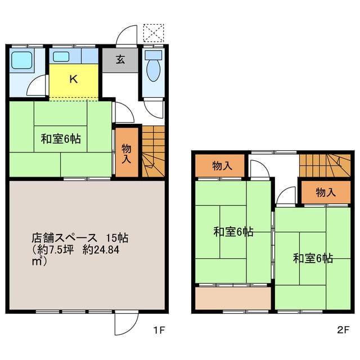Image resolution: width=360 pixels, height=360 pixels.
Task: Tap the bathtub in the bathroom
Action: tap(22, 60)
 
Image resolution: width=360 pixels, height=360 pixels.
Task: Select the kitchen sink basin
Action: tap(61, 56)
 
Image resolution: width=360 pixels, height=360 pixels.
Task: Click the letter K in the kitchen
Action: tap(74, 79)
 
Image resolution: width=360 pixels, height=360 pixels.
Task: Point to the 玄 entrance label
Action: tap(120, 60)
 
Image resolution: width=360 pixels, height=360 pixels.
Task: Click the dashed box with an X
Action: tap(154, 33)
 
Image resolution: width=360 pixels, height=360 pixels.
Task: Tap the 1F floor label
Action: tap(159, 330)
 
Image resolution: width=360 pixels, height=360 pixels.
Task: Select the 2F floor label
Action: tap(344, 330)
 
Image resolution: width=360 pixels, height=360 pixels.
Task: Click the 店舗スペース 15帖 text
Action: tap(80, 238)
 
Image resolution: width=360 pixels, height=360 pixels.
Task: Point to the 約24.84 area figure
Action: tap(101, 250)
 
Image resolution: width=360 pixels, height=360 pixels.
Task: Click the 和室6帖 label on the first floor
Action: tap(61, 139)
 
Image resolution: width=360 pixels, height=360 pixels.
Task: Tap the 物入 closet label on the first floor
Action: tap(126, 154)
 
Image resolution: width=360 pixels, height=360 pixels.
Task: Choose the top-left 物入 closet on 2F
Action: tap(220, 165)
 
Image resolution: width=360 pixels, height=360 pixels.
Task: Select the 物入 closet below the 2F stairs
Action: tap(326, 192)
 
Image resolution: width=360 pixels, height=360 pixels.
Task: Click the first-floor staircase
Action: tap(154, 151)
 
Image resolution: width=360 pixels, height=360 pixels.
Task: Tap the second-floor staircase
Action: tap(325, 165)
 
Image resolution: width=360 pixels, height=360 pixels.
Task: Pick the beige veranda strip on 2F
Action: tap(233, 298)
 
